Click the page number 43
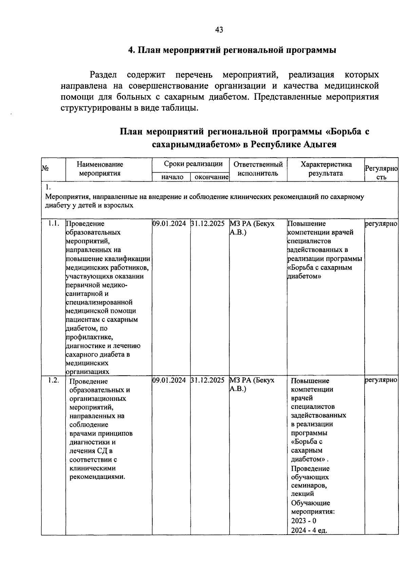(x=219, y=30)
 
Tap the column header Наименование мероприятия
(x=100, y=169)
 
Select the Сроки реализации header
(x=193, y=164)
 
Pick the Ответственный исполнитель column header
(x=258, y=169)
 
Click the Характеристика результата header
(x=326, y=169)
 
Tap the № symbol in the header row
(x=44, y=168)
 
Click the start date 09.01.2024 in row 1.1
(x=169, y=223)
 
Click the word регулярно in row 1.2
(x=381, y=380)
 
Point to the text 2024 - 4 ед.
(x=309, y=531)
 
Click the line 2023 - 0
(x=303, y=521)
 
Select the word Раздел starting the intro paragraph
(x=103, y=75)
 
